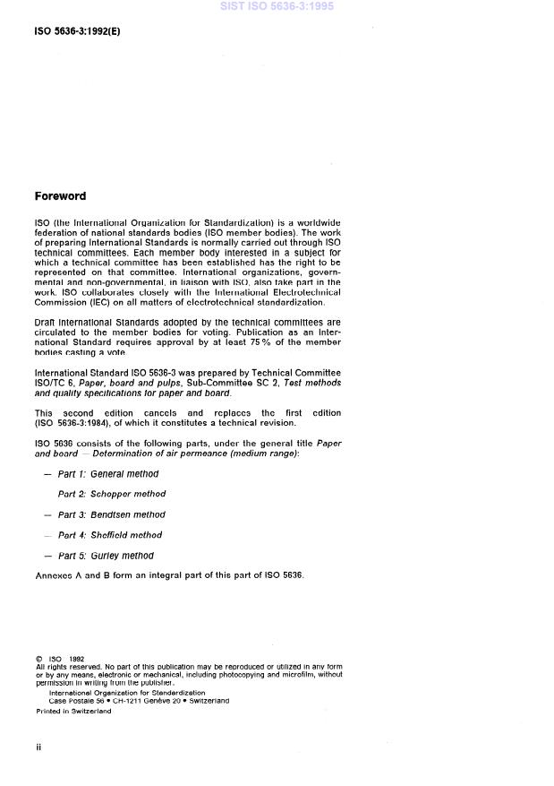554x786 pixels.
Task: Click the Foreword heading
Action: point(60,195)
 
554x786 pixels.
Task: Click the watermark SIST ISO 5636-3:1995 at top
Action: point(277,6)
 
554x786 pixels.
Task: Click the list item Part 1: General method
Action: point(107,474)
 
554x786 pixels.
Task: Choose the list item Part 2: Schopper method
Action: point(112,494)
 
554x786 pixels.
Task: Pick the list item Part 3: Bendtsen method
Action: point(112,514)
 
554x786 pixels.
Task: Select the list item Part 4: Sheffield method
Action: point(110,535)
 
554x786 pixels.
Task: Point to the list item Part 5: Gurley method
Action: point(106,556)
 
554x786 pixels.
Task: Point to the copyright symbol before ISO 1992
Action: point(39,659)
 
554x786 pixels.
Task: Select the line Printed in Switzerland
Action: point(73,711)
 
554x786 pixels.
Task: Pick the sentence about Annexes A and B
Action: point(169,575)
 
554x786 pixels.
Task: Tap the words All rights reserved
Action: point(64,667)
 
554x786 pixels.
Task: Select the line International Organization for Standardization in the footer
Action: point(126,692)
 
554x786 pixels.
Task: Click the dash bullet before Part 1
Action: point(47,474)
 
